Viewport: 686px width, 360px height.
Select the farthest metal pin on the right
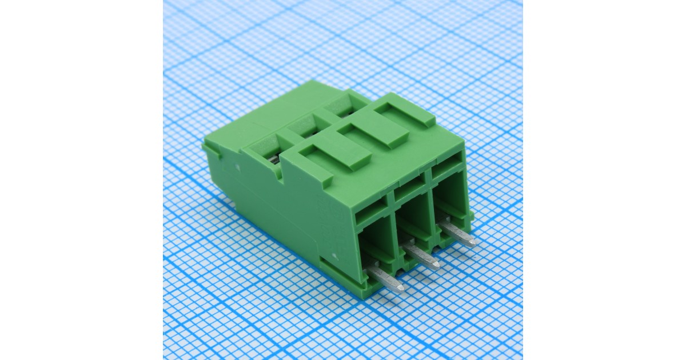click(458, 234)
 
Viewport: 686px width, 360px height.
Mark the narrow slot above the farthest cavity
click(445, 170)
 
